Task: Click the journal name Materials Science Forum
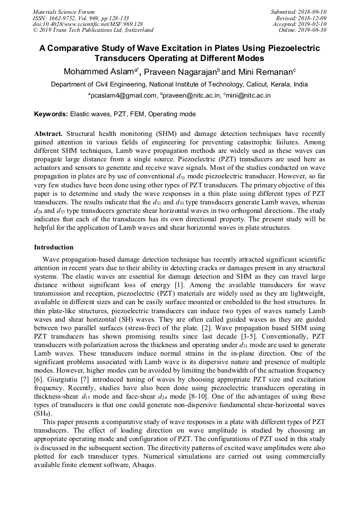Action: coord(64,12)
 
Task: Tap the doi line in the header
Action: coord(88,24)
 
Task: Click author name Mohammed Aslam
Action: coord(99,72)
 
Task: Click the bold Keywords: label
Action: coord(51,114)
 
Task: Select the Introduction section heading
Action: coord(54,247)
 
